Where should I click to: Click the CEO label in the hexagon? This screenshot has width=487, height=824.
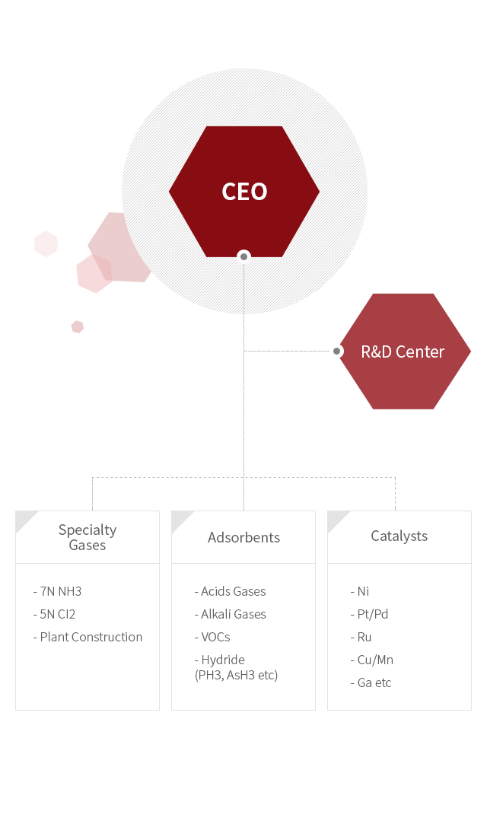244,192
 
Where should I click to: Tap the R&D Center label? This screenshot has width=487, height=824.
403,352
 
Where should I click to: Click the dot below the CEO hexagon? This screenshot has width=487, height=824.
243,257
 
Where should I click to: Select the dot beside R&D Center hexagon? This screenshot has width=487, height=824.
336,351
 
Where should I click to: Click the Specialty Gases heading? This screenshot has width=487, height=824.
88,537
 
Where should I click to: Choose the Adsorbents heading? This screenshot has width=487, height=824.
243,537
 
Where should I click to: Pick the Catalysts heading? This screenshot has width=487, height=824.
399,536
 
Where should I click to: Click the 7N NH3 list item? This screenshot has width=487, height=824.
57,591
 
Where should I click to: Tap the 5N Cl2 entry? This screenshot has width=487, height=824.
54,614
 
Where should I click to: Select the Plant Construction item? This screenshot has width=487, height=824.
88,637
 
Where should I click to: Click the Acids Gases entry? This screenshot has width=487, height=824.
230,591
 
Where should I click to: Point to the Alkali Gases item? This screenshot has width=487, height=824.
230,614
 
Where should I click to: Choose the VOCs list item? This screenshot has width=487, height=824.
212,637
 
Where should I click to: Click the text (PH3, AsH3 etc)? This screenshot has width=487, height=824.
237,674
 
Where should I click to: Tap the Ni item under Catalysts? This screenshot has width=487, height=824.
360,591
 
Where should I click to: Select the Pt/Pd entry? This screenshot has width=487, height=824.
370,614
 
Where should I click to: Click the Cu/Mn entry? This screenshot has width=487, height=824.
372,660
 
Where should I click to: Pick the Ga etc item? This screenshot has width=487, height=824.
371,682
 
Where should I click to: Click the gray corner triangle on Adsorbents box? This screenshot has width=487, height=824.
180,519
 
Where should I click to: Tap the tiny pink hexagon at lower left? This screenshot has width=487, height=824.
77,326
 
